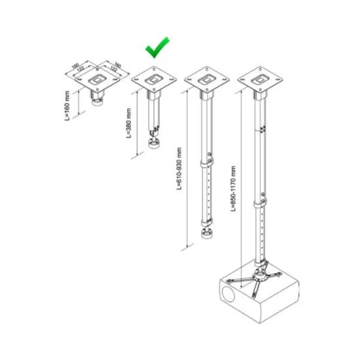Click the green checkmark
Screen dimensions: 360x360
pyautogui.click(x=156, y=47)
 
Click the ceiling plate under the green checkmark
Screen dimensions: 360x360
pyautogui.click(x=155, y=80)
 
